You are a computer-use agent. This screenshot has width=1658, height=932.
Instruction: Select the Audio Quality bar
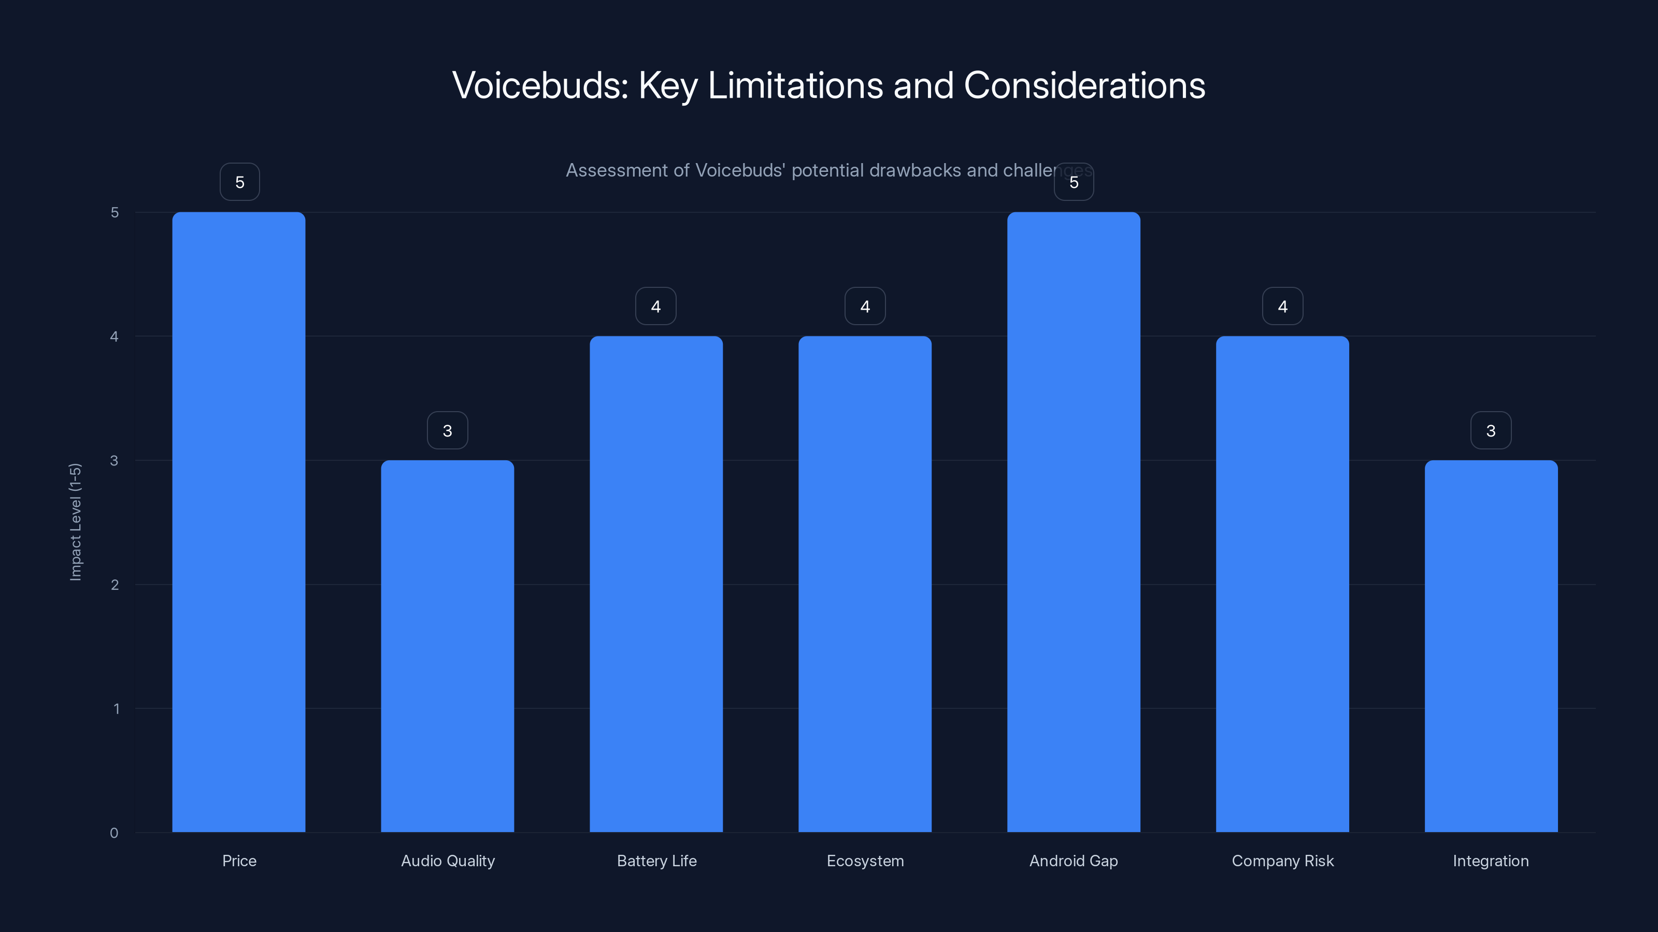click(447, 646)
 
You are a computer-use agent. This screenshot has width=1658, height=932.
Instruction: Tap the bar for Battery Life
click(656, 584)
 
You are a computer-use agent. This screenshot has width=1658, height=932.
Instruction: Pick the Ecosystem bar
click(864, 584)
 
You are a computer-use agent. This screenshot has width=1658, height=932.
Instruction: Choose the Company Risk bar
click(1282, 584)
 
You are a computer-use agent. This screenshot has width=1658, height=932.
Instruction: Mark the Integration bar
click(1491, 646)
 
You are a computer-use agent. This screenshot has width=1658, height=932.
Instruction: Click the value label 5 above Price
click(239, 182)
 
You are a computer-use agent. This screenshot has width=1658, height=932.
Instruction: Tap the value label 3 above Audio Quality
click(447, 430)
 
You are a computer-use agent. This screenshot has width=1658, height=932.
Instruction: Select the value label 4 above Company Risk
click(1282, 306)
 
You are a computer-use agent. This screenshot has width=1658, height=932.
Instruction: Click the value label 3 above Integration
click(1491, 430)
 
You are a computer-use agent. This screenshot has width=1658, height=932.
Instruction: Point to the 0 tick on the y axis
click(114, 833)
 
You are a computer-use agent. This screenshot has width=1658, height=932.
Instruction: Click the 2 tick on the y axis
click(115, 585)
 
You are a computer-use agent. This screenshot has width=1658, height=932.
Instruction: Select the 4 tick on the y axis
click(115, 337)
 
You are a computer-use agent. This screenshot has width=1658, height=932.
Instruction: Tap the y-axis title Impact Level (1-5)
click(75, 521)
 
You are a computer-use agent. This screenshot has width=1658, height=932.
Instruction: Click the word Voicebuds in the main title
click(539, 85)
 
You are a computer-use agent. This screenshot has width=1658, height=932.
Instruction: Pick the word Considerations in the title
click(1084, 85)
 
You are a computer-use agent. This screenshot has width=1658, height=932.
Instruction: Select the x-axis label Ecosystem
click(865, 861)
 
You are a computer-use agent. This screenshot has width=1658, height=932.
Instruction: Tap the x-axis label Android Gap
click(1074, 861)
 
